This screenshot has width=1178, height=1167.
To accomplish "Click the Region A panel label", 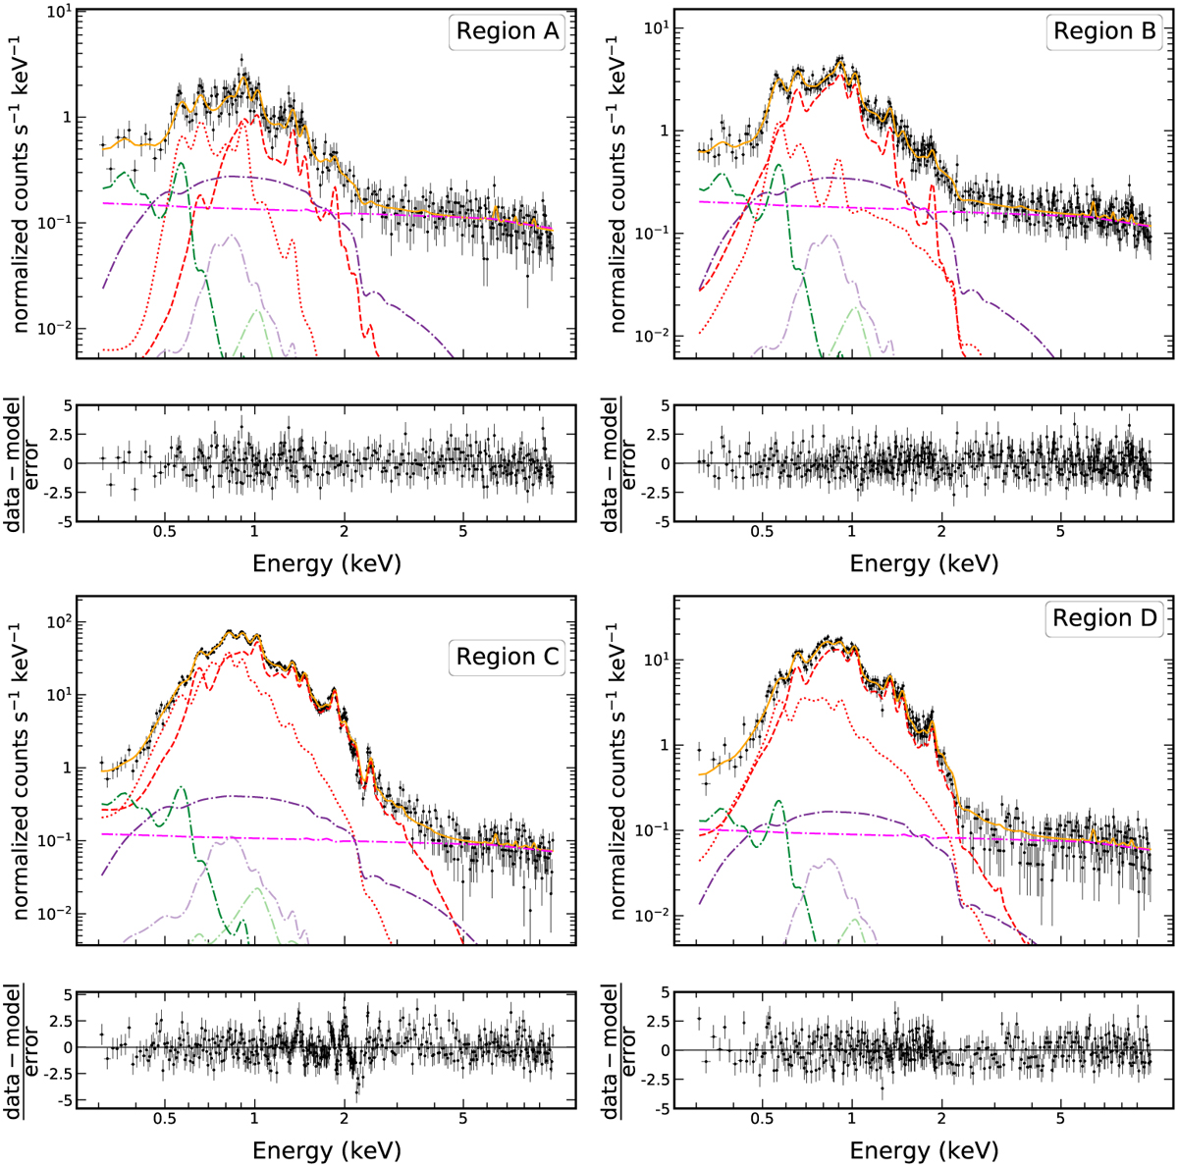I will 507,32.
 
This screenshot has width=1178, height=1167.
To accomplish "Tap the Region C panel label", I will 507,658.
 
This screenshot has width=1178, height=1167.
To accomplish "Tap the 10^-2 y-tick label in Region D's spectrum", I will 654,914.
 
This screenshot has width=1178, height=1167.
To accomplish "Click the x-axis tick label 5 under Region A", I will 463,533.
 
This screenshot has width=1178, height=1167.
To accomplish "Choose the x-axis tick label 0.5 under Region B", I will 762,533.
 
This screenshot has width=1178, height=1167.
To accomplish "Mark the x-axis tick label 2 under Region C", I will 345,1120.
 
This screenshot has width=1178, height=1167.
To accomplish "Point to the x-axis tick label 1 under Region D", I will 852,1120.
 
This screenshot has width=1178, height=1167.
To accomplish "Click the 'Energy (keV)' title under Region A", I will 327,563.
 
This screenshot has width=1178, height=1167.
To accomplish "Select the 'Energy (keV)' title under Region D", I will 924,1150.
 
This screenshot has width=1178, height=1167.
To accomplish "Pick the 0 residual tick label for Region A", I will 67,463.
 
